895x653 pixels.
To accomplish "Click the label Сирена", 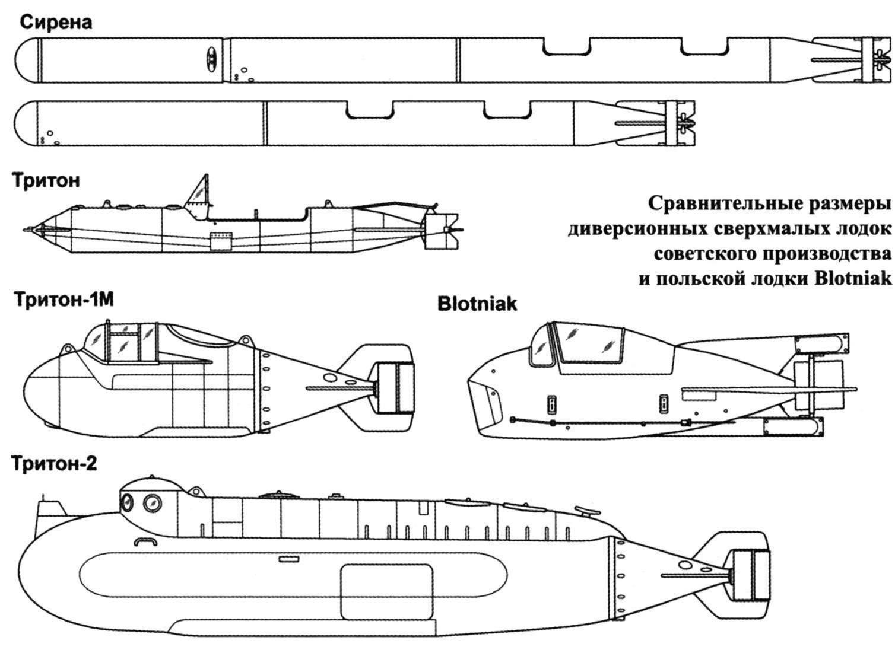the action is (56, 23).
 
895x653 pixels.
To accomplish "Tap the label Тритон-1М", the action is (64, 300).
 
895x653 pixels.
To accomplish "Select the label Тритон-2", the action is (54, 464).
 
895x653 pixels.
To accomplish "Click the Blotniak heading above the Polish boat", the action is (477, 304).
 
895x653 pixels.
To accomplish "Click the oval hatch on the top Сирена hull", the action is (211, 60).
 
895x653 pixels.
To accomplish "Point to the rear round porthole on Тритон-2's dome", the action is (152, 503).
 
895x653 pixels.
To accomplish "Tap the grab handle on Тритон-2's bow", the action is (145, 541).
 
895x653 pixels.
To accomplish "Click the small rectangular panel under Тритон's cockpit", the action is (221, 241).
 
